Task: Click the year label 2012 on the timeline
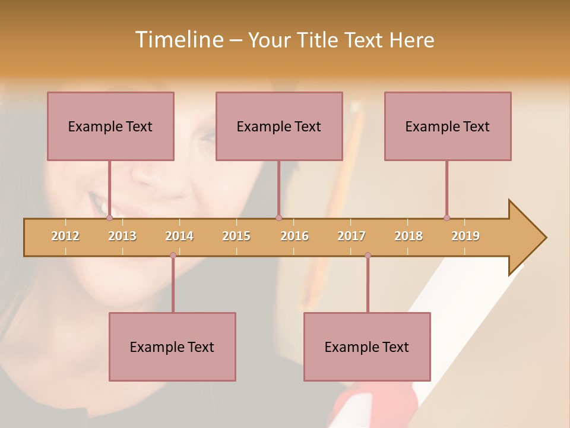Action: click(x=65, y=236)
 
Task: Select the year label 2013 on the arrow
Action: click(x=122, y=236)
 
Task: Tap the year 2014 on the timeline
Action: click(x=179, y=236)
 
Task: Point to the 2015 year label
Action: click(x=236, y=236)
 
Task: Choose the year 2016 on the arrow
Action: click(x=294, y=236)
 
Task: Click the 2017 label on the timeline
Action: click(x=351, y=236)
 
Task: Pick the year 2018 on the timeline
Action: click(x=408, y=236)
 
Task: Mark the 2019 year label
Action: click(x=465, y=236)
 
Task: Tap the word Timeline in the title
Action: click(x=178, y=40)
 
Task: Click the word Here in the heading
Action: click(x=411, y=40)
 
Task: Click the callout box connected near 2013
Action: click(x=110, y=126)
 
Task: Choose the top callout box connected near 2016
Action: click(x=279, y=126)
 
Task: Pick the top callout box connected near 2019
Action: click(x=448, y=126)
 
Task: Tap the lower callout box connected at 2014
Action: click(x=172, y=347)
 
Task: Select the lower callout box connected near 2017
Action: click(x=367, y=347)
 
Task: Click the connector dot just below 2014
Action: click(x=173, y=256)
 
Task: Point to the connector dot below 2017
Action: click(x=368, y=256)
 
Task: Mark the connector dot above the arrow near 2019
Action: click(x=446, y=218)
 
